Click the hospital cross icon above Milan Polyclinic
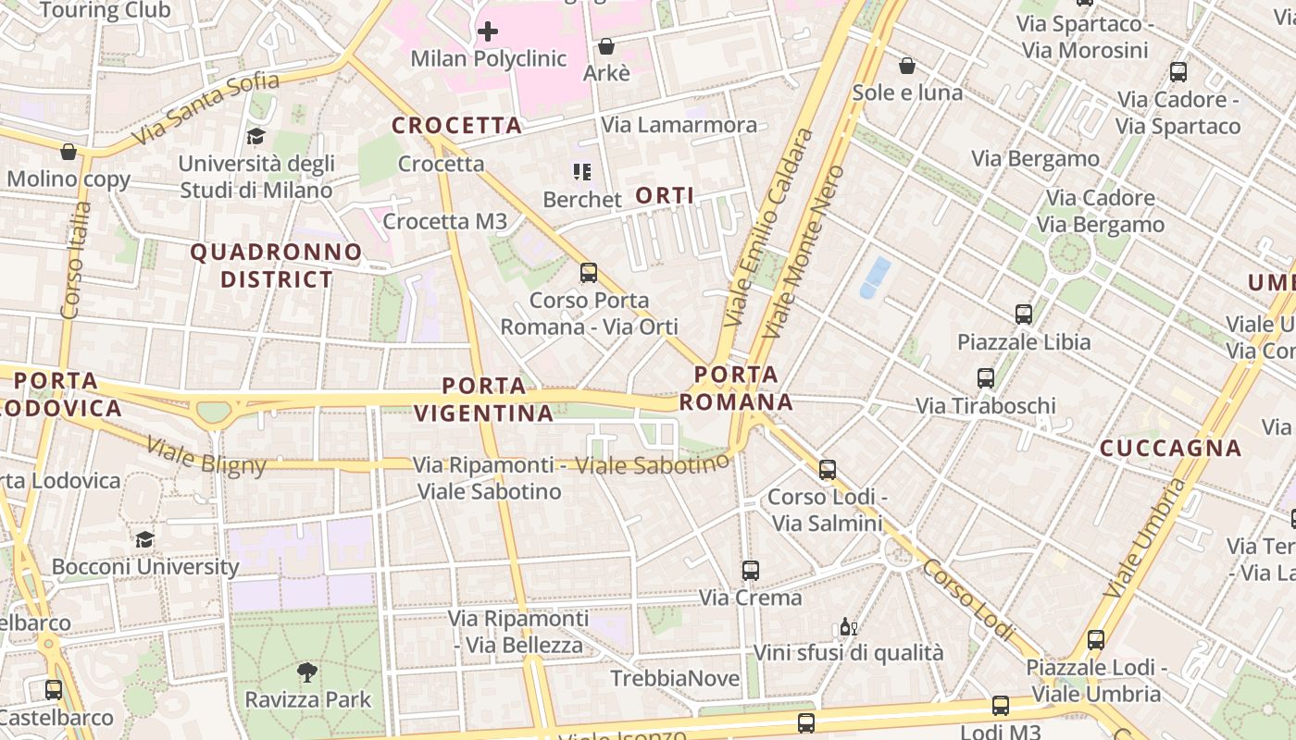487,31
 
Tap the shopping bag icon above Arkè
606,46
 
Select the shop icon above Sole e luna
907,66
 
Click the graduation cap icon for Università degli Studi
255,137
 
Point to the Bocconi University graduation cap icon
144,539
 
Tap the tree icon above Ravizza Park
307,672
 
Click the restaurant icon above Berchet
582,171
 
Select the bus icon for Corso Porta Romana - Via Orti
589,273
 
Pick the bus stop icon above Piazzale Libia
1024,314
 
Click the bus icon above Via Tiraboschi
986,378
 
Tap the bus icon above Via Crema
751,571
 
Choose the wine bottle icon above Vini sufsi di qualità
847,626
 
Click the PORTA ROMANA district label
737,388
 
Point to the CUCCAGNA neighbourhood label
1170,449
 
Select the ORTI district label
665,195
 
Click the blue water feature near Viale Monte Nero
875,277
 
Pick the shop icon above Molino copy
69,152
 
